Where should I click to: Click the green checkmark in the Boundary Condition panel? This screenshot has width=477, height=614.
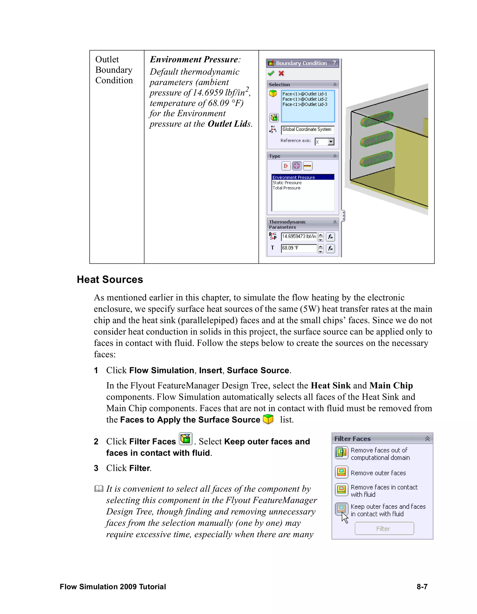pyautogui.click(x=271, y=73)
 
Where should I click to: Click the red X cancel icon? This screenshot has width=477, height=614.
pyautogui.click(x=281, y=73)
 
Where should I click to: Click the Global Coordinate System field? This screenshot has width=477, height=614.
pyautogui.click(x=307, y=130)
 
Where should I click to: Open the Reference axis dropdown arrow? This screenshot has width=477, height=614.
pyautogui.click(x=331, y=142)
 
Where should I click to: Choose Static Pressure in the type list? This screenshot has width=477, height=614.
pyautogui.click(x=287, y=183)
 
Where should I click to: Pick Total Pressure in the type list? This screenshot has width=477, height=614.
pyautogui.click(x=286, y=188)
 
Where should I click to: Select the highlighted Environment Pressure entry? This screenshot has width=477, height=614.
pyautogui.click(x=294, y=177)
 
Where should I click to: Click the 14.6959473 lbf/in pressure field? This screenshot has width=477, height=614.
pyautogui.click(x=299, y=237)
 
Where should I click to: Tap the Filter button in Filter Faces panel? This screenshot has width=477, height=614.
pyautogui.click(x=384, y=529)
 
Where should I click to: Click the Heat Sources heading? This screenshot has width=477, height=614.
pyautogui.click(x=110, y=280)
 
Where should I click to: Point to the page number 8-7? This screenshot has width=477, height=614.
pyautogui.click(x=422, y=587)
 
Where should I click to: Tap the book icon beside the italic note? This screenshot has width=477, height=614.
pyautogui.click(x=99, y=489)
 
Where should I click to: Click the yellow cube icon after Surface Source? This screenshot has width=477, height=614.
pyautogui.click(x=268, y=419)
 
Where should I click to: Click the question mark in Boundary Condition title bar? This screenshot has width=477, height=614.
pyautogui.click(x=334, y=63)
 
